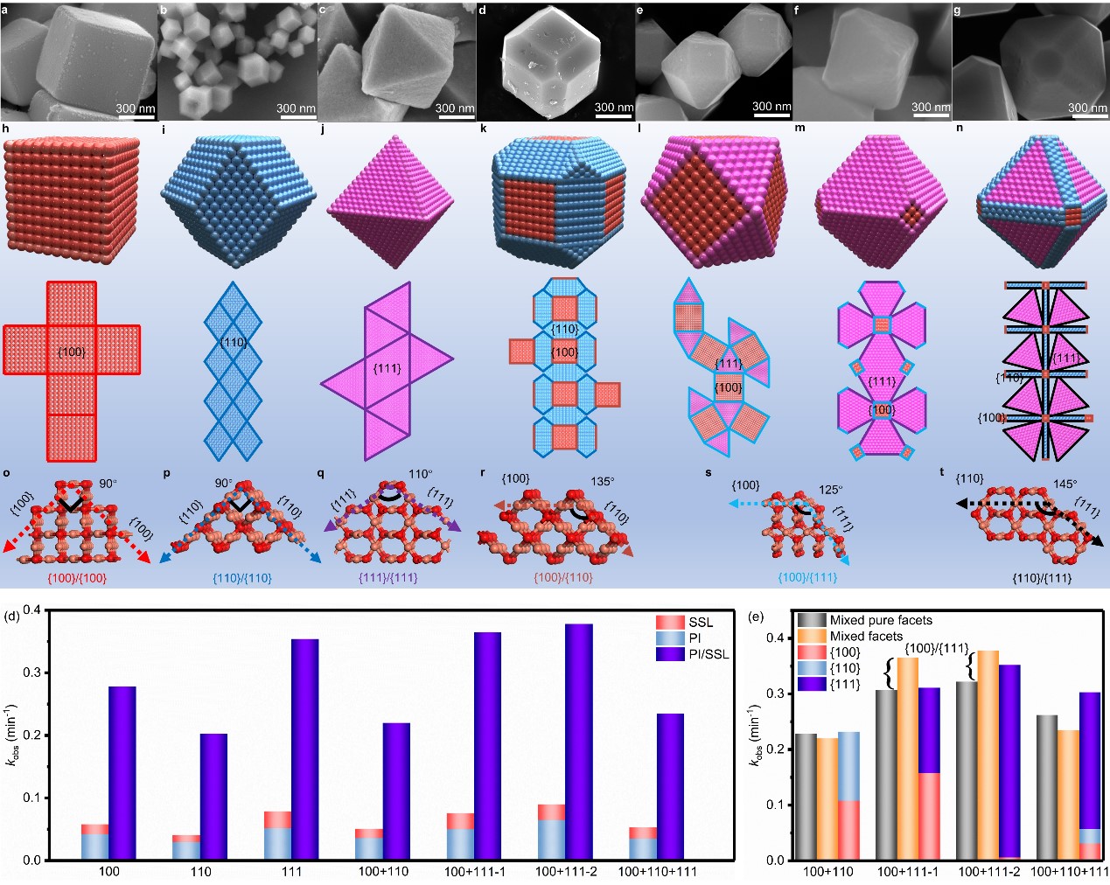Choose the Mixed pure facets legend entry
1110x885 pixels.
pyautogui.click(x=881, y=620)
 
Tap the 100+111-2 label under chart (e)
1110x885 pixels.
pyautogui.click(x=988, y=872)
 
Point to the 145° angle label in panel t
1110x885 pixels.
pyautogui.click(x=1065, y=484)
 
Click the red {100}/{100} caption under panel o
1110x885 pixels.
pyautogui.click(x=77, y=578)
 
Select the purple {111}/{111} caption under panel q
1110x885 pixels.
pyautogui.click(x=387, y=577)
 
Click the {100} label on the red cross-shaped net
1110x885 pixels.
pyautogui.click(x=71, y=352)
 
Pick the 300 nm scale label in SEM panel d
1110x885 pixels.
pyautogui.click(x=614, y=108)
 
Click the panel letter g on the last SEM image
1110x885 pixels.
pyautogui.click(x=959, y=10)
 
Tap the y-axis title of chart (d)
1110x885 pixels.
pyautogui.click(x=11, y=735)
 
